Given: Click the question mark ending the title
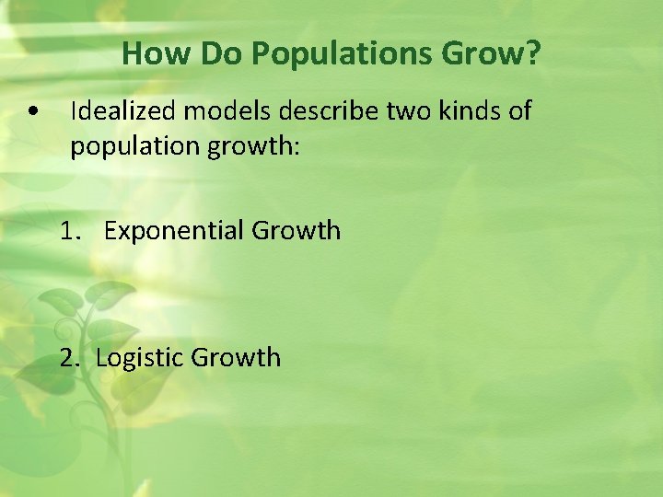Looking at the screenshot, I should [533, 54].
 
